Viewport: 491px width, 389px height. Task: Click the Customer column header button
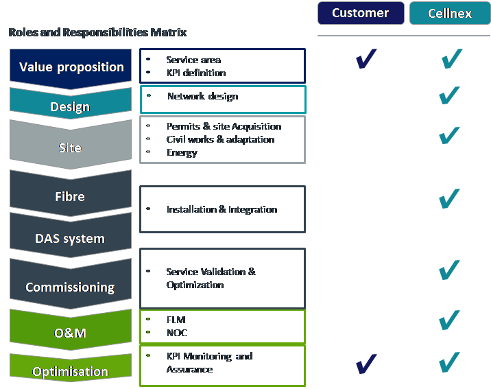point(361,13)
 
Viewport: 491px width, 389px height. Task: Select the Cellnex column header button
point(450,13)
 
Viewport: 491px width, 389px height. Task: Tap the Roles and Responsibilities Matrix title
point(97,32)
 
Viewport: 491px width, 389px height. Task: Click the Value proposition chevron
point(71,69)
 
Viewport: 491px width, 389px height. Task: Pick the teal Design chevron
point(71,104)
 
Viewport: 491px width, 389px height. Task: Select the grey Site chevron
point(71,145)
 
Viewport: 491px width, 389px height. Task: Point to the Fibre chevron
point(71,193)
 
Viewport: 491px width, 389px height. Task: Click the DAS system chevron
point(71,235)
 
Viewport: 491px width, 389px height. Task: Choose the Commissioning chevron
point(71,284)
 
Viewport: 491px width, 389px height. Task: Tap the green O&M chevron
point(71,330)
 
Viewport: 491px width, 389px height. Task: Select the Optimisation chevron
point(71,367)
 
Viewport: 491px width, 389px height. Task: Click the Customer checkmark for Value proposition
point(366,59)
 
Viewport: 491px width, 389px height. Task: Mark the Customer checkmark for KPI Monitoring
point(366,364)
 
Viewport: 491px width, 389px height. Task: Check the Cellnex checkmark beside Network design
point(449,95)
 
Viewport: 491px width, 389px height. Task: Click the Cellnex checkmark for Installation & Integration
point(449,198)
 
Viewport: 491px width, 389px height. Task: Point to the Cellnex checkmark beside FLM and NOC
point(449,320)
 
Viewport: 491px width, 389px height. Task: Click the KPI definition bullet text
point(196,73)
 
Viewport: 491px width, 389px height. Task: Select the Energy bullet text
point(182,153)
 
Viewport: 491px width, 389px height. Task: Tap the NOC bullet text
point(177,333)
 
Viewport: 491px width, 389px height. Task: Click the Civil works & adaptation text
point(220,139)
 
